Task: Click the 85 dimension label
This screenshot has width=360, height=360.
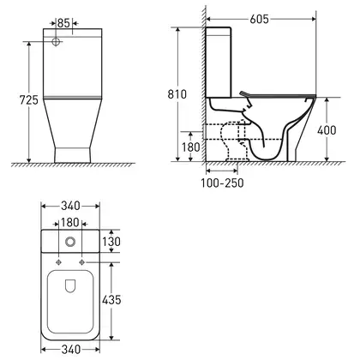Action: [63, 23]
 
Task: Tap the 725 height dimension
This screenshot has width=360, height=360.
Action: [28, 99]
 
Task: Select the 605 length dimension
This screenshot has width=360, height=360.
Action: [260, 19]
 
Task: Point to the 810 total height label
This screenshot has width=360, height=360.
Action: [177, 94]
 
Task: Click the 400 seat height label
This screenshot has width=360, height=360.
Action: [327, 130]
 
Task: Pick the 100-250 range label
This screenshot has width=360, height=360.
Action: [222, 183]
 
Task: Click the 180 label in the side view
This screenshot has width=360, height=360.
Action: [191, 147]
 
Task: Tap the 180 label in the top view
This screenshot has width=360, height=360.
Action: [70, 222]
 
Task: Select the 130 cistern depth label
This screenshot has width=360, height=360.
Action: [111, 242]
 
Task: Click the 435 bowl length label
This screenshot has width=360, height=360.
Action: [111, 300]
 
